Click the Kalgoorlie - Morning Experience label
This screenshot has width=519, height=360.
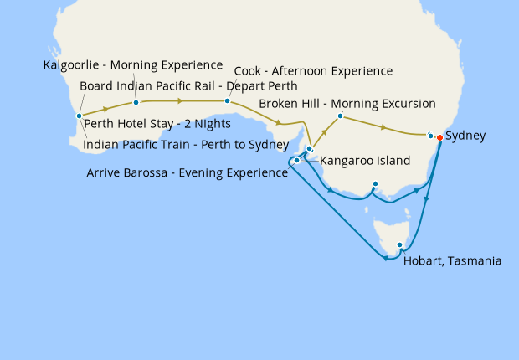pos(133,65)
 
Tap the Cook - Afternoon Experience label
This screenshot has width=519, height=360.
pos(313,71)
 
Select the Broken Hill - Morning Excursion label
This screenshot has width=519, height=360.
pos(347,104)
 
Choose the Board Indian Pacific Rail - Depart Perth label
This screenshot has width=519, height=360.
pos(188,86)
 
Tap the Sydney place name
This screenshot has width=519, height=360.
pos(465,136)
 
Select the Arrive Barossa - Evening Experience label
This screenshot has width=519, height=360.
pos(187,173)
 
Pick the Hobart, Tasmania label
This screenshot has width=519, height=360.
pos(452,261)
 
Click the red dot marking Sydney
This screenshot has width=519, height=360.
pos(439,137)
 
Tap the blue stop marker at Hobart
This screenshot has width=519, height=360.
pos(400,245)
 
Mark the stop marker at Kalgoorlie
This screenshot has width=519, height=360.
pos(136,103)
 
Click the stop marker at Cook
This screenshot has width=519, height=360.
pos(227,101)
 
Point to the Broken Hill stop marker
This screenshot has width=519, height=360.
pos(340,115)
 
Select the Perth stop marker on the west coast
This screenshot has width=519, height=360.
pos(79,116)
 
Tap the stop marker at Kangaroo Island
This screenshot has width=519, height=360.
pos(297,160)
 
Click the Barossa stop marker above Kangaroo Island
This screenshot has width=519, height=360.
pos(309,149)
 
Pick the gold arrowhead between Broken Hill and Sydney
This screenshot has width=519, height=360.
pos(383,128)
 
